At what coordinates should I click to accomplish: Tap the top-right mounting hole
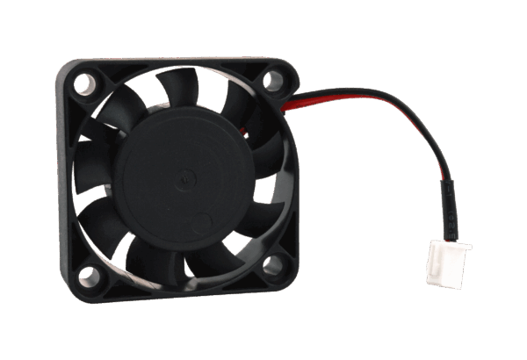point(274,81)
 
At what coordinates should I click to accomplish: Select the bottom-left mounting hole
point(89,277)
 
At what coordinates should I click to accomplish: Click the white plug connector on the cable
point(447,263)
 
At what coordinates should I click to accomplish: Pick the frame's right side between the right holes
point(292,176)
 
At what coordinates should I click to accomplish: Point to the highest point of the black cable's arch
point(369,88)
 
